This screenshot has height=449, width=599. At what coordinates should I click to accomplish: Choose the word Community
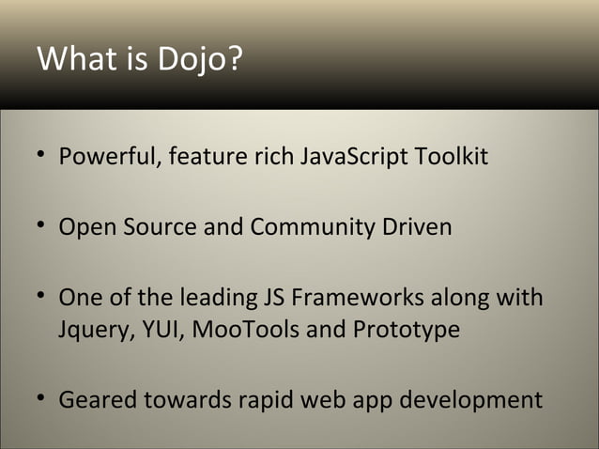(x=322, y=227)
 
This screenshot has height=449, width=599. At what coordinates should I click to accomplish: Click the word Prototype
(x=407, y=332)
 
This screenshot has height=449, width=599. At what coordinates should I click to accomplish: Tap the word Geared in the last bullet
(x=97, y=401)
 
